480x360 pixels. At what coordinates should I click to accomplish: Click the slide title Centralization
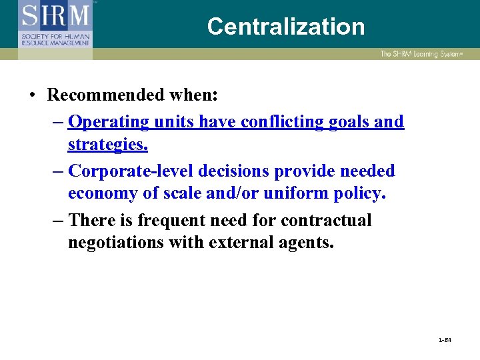tap(286, 27)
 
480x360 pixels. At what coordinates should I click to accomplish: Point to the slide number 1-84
tap(445, 340)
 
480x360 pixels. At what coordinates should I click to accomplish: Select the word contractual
tap(326, 220)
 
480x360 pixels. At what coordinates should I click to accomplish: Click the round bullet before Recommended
tap(33, 95)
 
